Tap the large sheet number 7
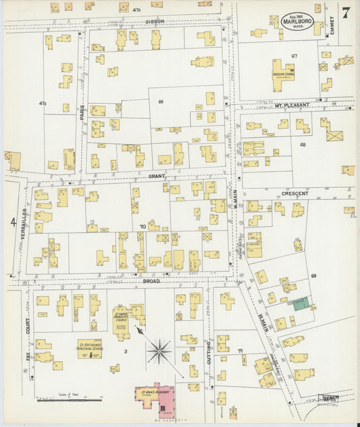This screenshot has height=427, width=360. [x=346, y=12]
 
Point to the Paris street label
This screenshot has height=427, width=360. [x=82, y=111]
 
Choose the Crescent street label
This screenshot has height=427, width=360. [x=294, y=193]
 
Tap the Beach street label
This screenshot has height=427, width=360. [x=330, y=399]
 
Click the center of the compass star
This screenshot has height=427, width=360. [x=159, y=349]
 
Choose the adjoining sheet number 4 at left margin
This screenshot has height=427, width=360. [x=13, y=221]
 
